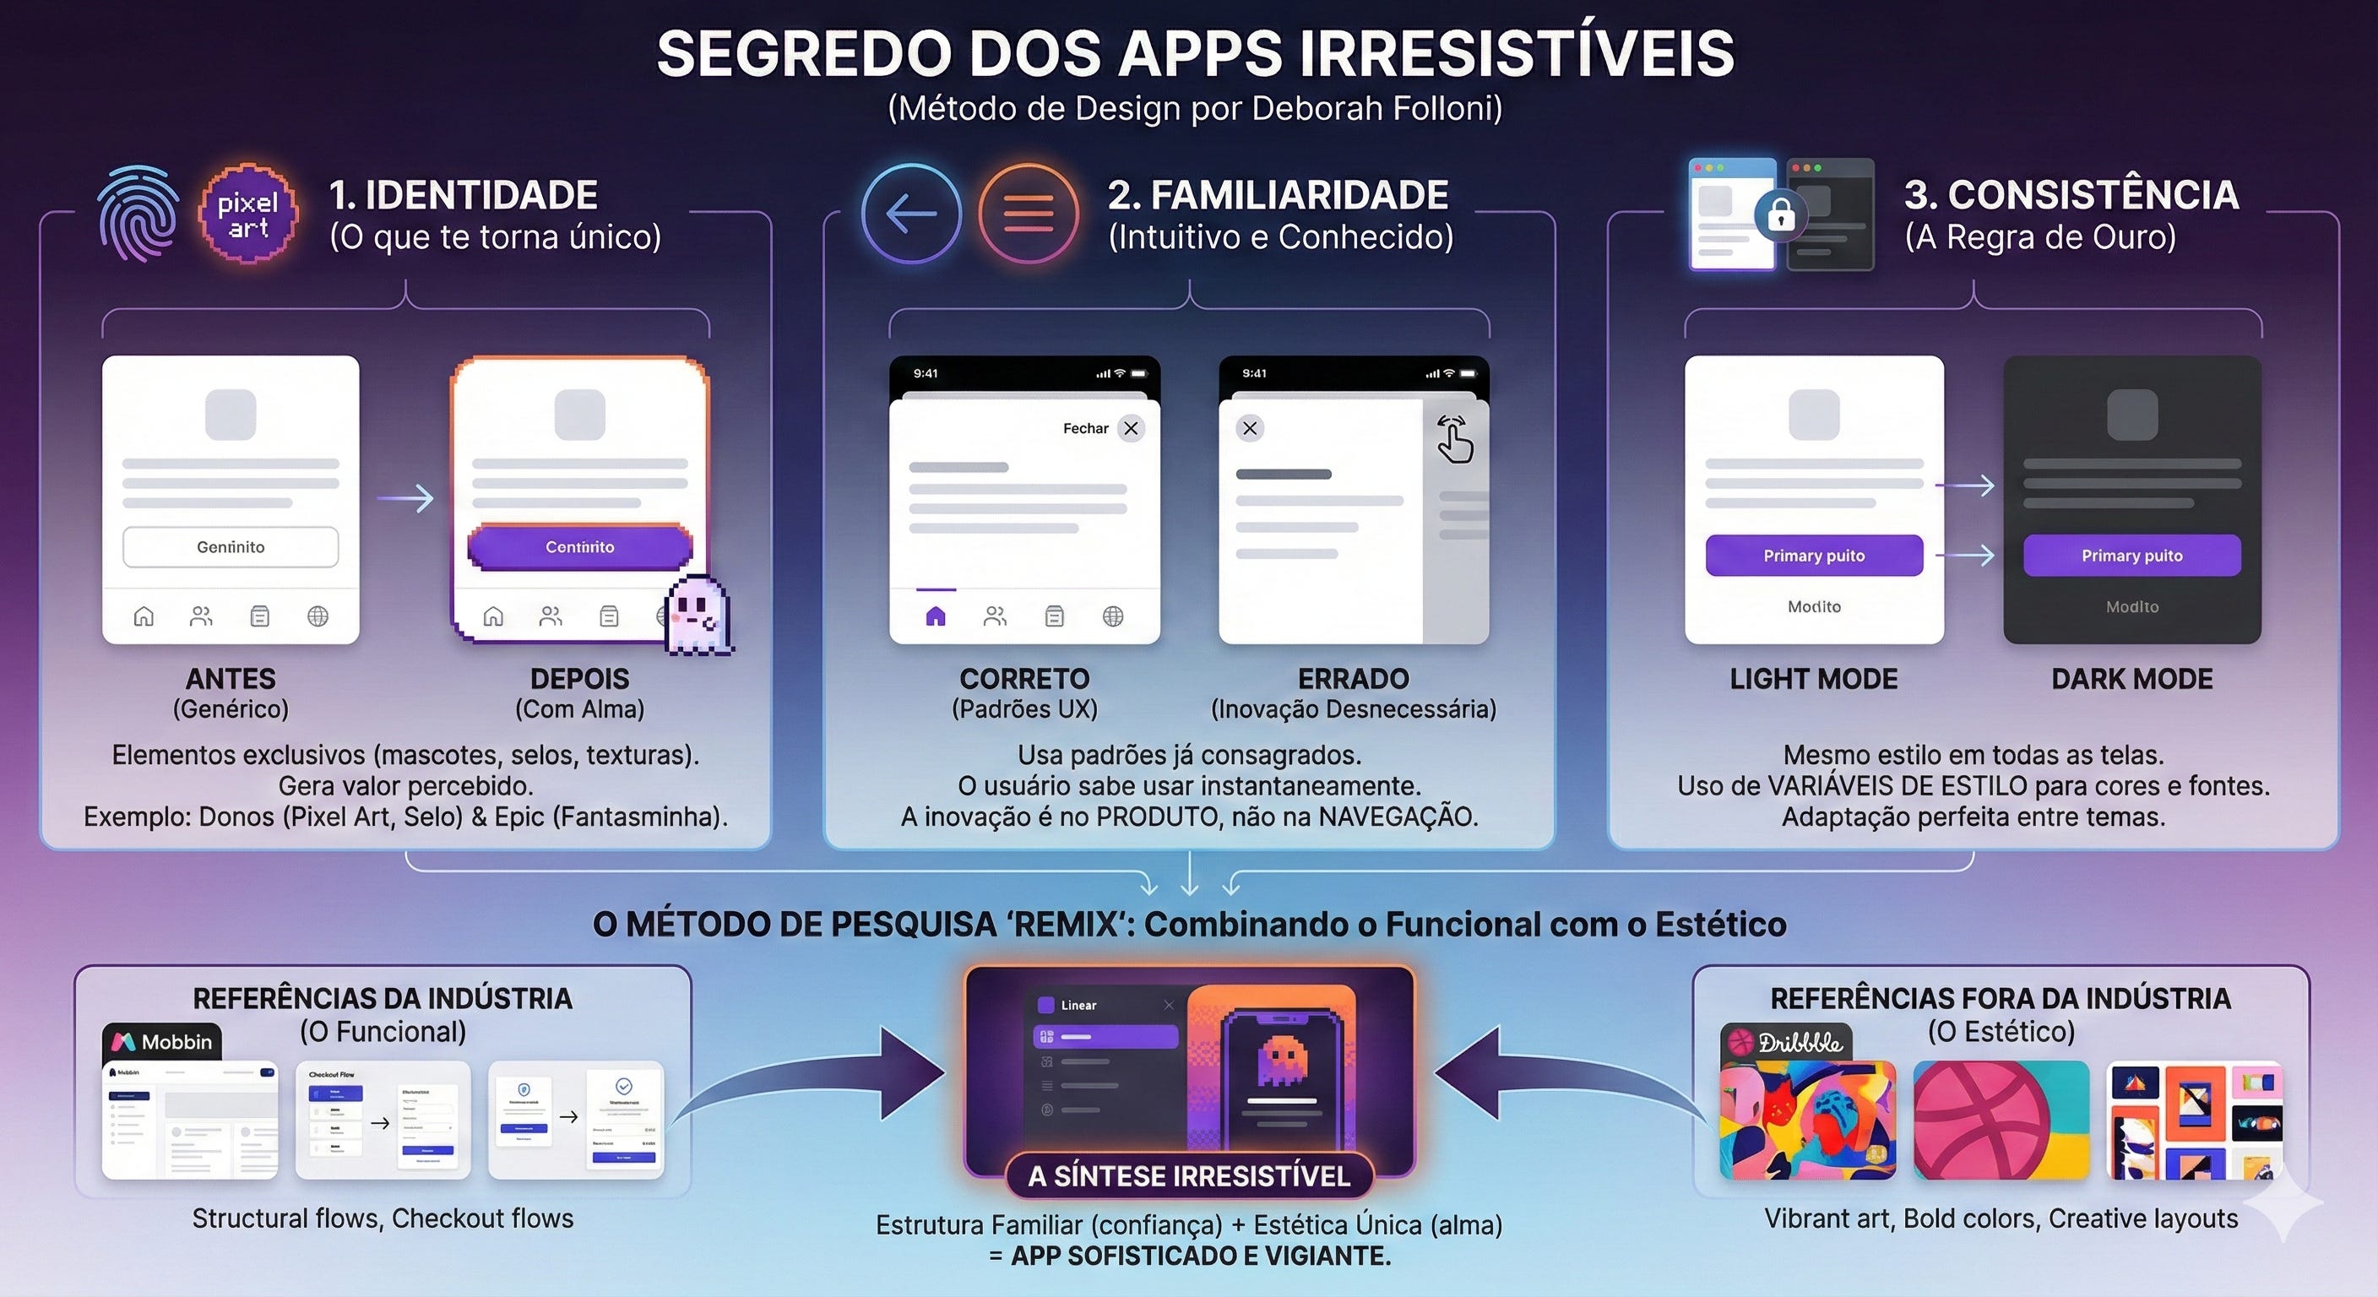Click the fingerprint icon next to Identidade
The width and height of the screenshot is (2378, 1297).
[138, 214]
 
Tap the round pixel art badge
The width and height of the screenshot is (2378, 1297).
[248, 214]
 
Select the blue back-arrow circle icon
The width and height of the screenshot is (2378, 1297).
[911, 214]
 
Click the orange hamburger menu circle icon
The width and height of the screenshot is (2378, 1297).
[1029, 214]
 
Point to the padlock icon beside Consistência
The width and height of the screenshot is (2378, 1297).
[1781, 216]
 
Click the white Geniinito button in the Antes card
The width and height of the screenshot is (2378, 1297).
[231, 547]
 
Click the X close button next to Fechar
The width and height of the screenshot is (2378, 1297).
[1131, 428]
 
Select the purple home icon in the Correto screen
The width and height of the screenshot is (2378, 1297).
[935, 616]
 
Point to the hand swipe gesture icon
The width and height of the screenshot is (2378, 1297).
[1455, 438]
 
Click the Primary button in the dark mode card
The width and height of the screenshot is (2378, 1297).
[2131, 556]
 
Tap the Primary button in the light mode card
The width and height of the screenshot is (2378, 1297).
[1814, 556]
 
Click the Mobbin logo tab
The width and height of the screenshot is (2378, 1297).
[162, 1042]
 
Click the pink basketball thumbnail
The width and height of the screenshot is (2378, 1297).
[2001, 1120]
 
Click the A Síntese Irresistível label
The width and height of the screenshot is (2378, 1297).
[1189, 1176]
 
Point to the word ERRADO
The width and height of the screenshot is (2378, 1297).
[1354, 680]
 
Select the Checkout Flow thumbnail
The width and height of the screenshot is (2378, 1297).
[383, 1120]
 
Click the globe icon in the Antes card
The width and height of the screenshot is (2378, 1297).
[318, 616]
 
